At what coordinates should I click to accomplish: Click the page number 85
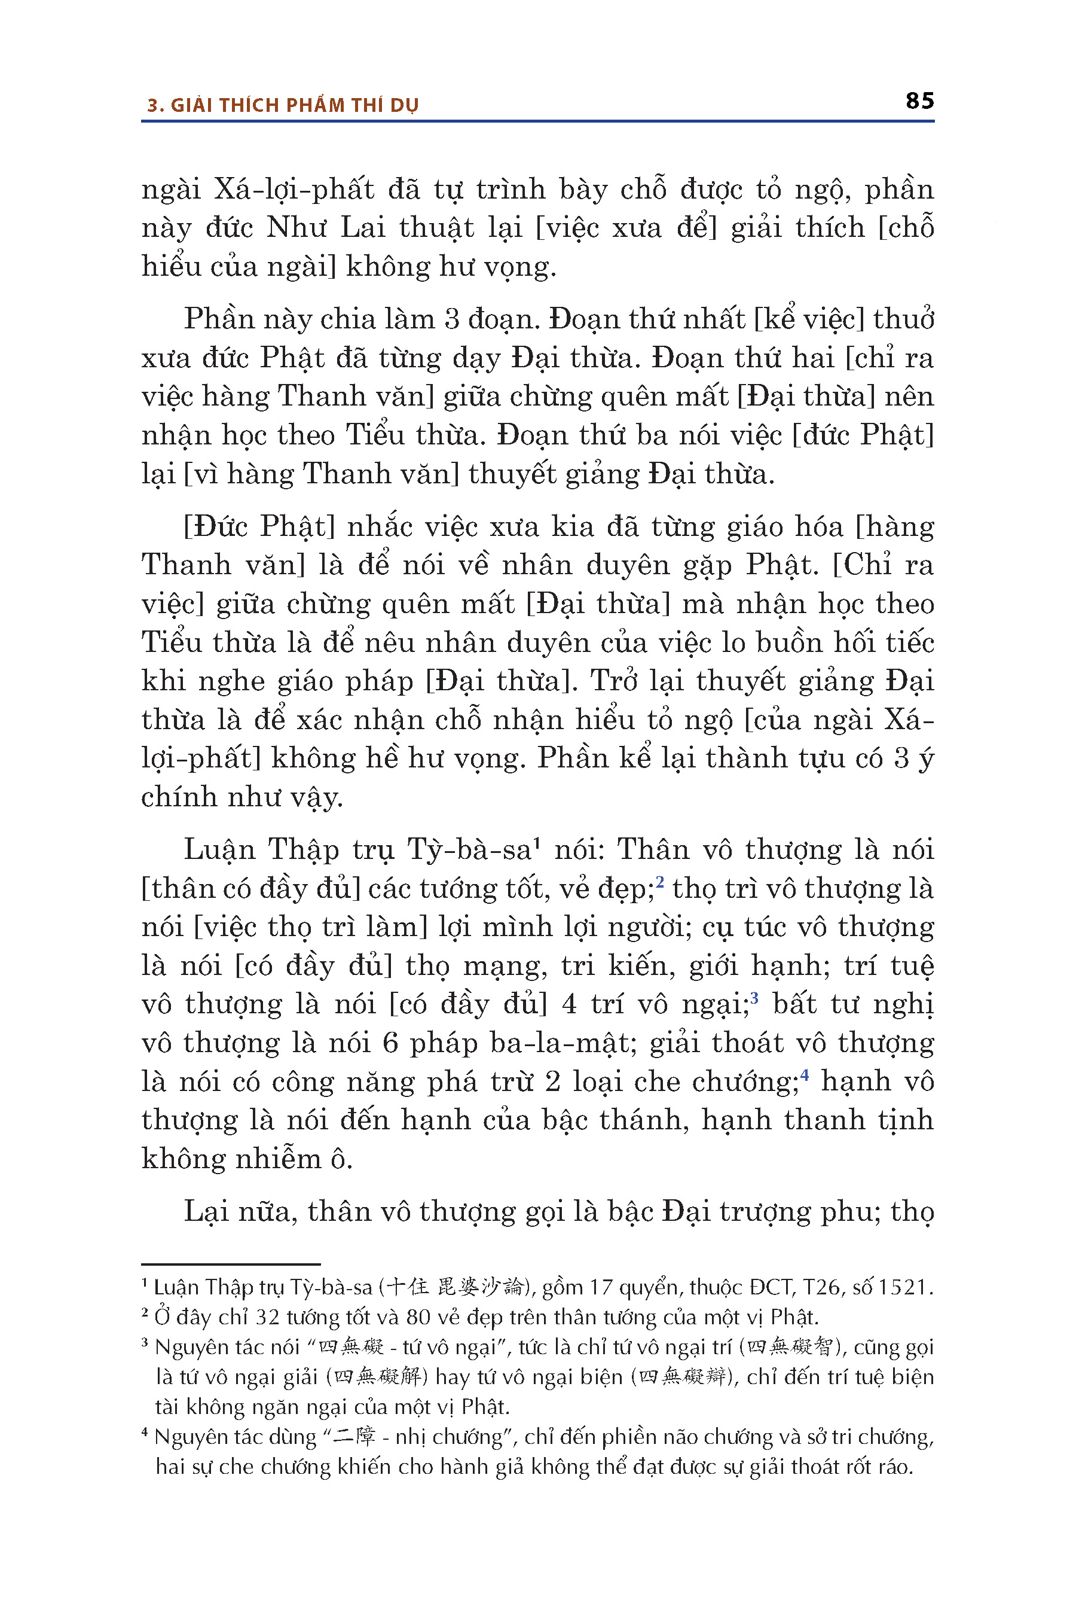(919, 101)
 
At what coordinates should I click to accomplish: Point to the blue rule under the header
(537, 121)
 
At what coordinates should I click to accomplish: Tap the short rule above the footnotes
(231, 1264)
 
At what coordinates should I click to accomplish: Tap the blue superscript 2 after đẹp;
(659, 881)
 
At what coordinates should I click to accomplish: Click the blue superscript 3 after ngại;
(754, 997)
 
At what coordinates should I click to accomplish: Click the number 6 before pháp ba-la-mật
(390, 1043)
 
